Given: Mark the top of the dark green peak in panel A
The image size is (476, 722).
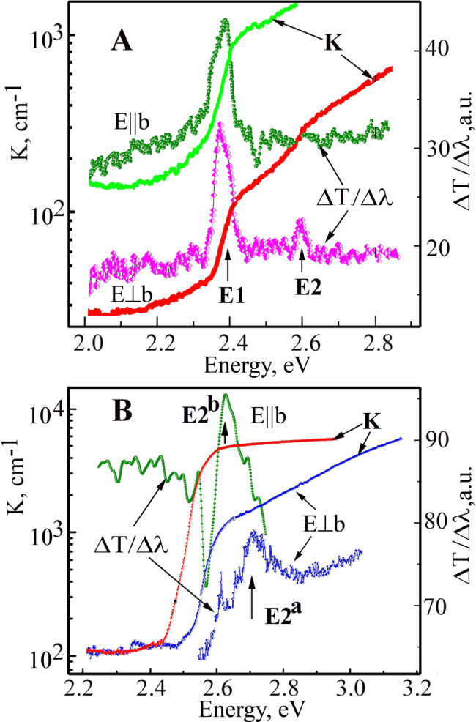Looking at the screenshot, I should (x=226, y=21).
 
